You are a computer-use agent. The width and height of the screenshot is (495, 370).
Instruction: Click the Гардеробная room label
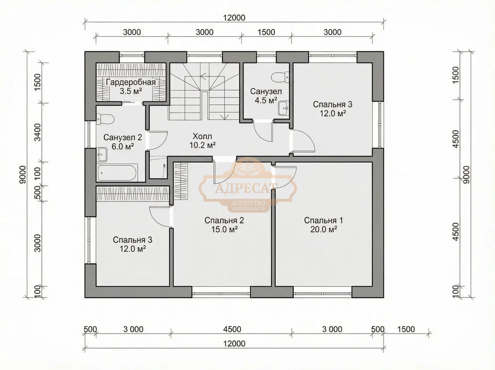click(x=131, y=82)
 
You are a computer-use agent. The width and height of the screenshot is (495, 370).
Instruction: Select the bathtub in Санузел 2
click(x=116, y=173)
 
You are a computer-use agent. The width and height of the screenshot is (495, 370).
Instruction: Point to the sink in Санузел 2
click(x=102, y=154)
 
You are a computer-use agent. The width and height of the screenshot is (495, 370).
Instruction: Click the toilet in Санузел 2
click(x=105, y=119)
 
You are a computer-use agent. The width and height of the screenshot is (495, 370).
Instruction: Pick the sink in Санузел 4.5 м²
click(x=283, y=108)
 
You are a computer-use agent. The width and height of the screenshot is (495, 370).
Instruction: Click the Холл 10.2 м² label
click(x=202, y=141)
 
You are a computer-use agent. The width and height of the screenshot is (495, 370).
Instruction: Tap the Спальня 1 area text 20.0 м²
click(x=324, y=230)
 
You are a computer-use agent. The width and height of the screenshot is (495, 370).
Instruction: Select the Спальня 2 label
click(x=224, y=220)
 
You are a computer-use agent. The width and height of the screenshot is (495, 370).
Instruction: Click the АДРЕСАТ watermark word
click(x=246, y=188)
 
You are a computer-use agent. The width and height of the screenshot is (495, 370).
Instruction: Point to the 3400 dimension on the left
click(x=38, y=132)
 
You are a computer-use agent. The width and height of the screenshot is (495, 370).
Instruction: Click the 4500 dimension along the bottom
click(x=232, y=329)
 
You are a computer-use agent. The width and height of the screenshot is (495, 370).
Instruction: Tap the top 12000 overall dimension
click(x=234, y=17)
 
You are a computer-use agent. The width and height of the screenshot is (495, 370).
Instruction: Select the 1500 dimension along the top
click(x=266, y=32)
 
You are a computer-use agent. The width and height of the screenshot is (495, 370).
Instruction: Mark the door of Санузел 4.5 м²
click(x=263, y=131)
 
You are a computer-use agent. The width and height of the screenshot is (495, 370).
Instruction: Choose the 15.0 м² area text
click(x=224, y=230)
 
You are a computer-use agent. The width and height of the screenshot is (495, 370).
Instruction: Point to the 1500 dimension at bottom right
click(x=406, y=329)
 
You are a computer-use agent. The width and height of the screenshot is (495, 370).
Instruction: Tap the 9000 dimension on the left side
click(x=23, y=175)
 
